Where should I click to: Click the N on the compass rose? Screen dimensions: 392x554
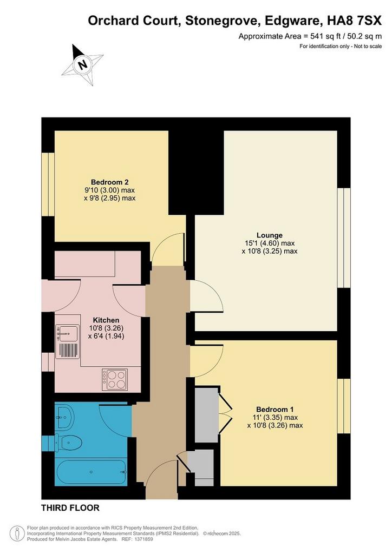coord(83,65)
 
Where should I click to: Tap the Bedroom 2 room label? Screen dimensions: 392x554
coord(109,182)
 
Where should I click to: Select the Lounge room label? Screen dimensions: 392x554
coord(269,235)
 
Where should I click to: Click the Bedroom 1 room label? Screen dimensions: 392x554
coord(275,410)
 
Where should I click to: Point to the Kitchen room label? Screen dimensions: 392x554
coord(106,320)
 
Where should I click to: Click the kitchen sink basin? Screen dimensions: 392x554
coord(68,333)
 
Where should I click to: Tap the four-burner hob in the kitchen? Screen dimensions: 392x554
coord(115,379)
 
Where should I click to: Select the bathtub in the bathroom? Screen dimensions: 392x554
coord(91,472)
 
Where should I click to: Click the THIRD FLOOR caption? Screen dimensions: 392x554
coord(70,508)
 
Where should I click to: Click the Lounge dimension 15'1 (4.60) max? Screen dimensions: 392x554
coord(270,243)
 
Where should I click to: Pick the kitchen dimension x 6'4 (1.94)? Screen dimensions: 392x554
coord(106,336)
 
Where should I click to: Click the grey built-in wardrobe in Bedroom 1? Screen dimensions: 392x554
coord(207,414)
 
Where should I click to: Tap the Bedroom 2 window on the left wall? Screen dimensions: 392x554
coord(48,184)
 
